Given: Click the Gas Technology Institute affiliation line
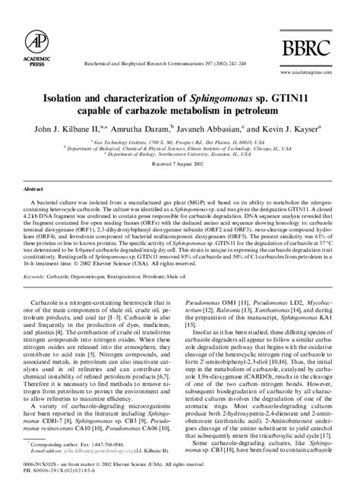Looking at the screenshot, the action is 180,142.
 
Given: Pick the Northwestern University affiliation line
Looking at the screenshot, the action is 180,157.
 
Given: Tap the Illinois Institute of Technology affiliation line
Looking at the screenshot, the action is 180,150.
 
